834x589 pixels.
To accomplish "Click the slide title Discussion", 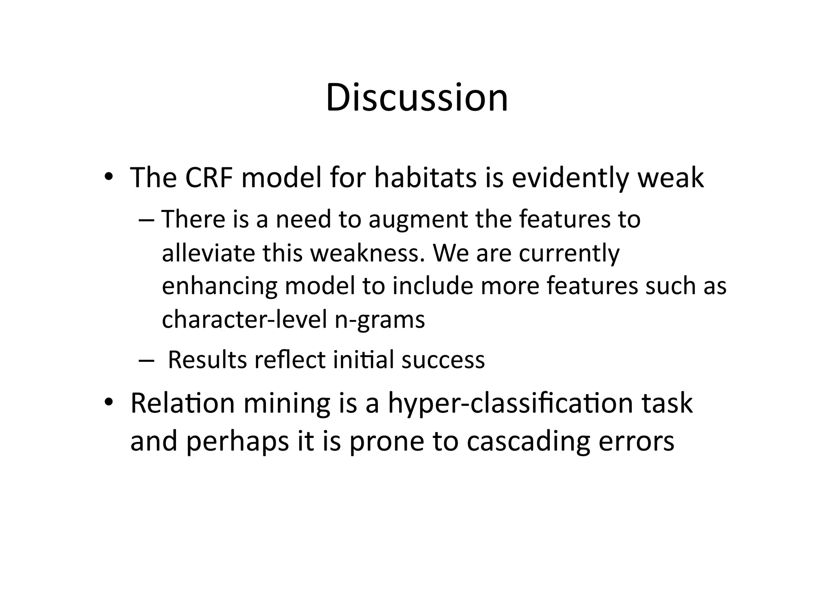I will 417,98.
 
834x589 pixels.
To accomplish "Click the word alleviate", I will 208,253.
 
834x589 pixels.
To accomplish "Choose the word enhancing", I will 219,286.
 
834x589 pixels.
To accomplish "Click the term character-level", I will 244,320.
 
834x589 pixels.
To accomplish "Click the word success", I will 443,360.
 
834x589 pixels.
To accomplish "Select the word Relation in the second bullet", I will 182,403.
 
